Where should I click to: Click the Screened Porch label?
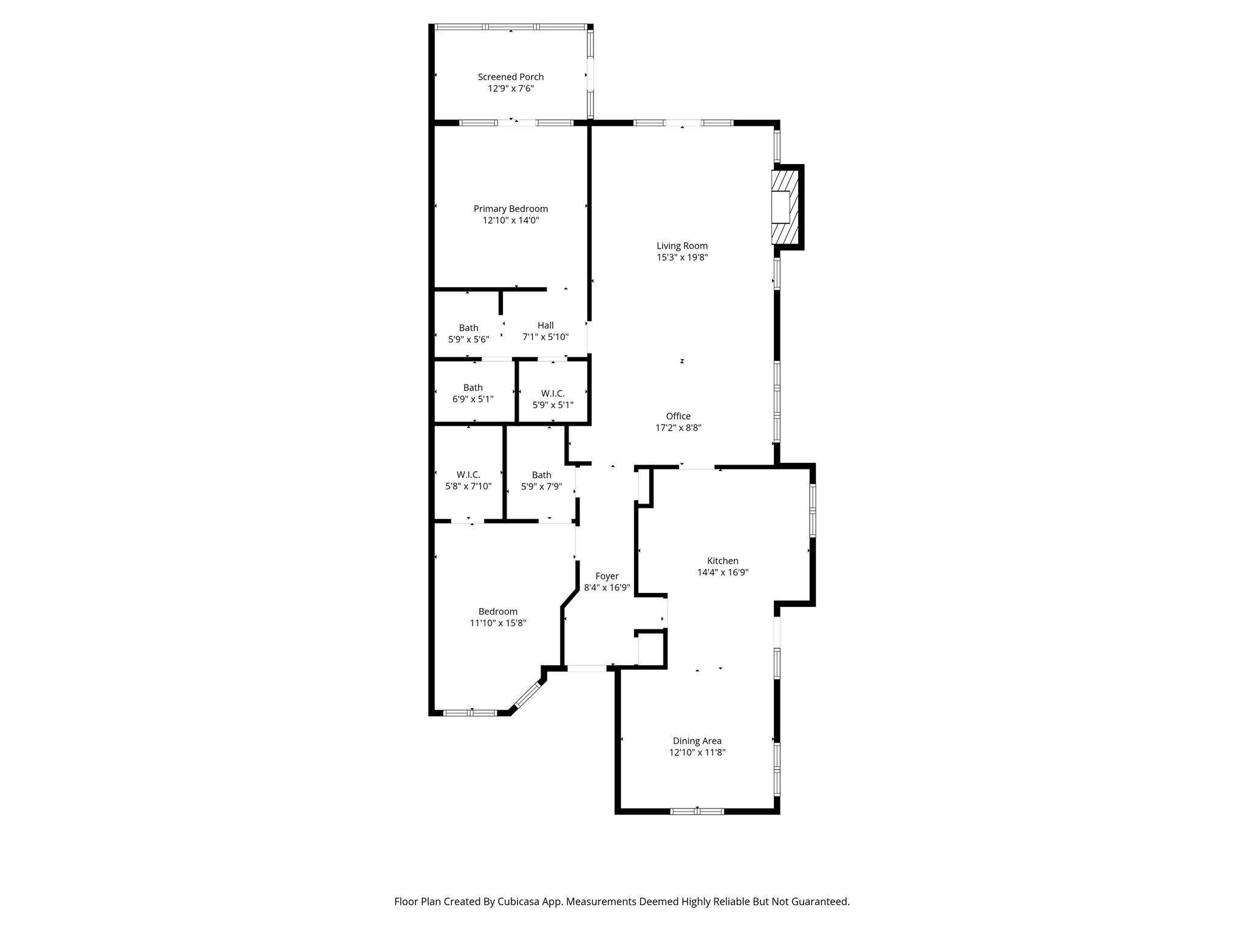(x=510, y=77)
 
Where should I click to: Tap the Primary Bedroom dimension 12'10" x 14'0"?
(x=511, y=220)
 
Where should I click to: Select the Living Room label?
(x=682, y=246)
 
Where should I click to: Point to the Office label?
(x=678, y=416)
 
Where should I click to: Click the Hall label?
(x=545, y=326)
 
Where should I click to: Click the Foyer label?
(x=607, y=576)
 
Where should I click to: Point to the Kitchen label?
(x=723, y=561)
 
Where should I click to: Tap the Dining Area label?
(x=697, y=741)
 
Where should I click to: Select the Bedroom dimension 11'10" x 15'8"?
(x=498, y=623)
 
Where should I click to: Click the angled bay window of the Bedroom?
(x=527, y=695)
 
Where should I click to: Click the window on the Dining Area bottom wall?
(x=697, y=811)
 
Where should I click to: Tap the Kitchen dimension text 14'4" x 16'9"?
(x=723, y=573)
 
